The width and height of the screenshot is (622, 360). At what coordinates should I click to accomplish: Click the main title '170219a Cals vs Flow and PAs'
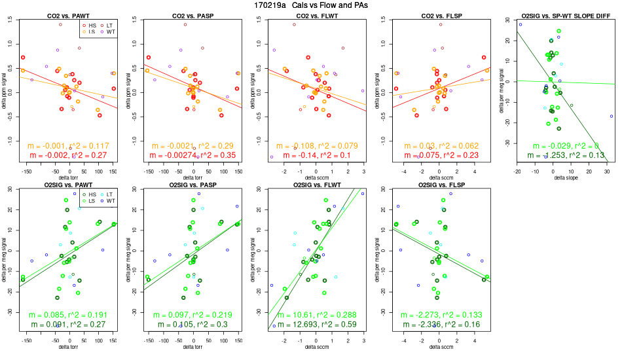(310, 5)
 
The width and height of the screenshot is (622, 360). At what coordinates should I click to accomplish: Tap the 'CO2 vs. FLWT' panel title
(313, 15)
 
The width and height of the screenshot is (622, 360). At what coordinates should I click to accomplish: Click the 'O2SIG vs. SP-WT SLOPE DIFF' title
(560, 15)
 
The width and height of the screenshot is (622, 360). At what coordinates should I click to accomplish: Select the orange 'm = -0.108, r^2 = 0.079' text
(313, 145)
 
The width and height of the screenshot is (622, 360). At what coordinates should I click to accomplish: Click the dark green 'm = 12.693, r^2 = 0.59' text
(313, 325)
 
